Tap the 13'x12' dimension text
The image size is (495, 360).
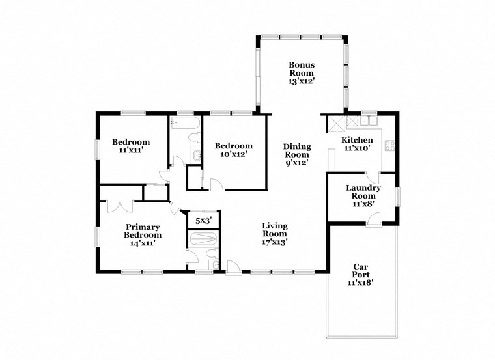(x=302, y=83)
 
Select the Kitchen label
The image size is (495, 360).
(x=358, y=140)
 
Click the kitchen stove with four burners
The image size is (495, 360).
(x=390, y=146)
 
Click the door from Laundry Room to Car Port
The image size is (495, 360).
(x=374, y=221)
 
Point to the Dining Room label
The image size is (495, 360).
(x=296, y=155)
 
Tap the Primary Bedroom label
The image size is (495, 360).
(x=143, y=234)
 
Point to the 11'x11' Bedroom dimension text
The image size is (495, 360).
(x=131, y=150)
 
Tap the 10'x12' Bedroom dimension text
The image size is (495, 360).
(x=233, y=155)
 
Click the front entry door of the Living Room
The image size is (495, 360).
(x=233, y=267)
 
